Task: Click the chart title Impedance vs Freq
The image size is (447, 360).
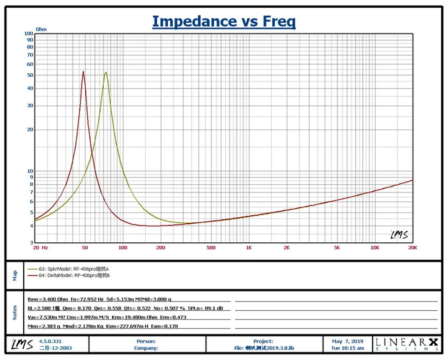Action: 224,22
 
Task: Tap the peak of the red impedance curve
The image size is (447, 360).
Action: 83,72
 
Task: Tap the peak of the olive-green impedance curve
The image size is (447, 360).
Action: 106,73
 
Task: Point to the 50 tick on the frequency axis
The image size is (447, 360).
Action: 85,247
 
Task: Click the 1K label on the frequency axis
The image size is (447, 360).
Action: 249,247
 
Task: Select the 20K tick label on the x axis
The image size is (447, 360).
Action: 413,247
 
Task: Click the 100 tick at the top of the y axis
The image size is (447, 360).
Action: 29,33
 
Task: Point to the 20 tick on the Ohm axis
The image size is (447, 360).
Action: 30,130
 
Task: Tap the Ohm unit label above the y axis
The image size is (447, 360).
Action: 41,29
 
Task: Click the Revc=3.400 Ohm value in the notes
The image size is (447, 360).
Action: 47,300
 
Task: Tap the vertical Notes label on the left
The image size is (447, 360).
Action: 15,313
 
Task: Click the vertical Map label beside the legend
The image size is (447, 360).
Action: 15,275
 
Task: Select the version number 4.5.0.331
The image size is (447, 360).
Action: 50,341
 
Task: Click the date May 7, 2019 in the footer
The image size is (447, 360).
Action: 347,341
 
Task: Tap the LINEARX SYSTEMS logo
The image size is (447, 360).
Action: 407,344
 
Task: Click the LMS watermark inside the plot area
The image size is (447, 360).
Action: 400,235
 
